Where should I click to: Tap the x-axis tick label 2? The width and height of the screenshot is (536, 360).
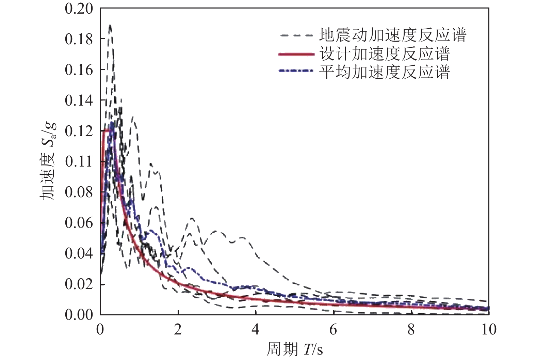(178, 330)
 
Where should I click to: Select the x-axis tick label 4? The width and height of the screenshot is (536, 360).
(256, 330)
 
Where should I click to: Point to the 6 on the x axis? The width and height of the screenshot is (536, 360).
(334, 330)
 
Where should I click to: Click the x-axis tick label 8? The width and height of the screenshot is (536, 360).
(411, 330)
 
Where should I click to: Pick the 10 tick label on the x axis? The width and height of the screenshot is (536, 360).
(489, 330)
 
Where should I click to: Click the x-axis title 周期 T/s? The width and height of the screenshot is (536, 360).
(294, 349)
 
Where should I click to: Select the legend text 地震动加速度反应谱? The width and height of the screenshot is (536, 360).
(393, 35)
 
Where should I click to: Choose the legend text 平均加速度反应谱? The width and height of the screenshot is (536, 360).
(385, 72)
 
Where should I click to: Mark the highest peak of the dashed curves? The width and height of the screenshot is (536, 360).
(110, 26)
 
